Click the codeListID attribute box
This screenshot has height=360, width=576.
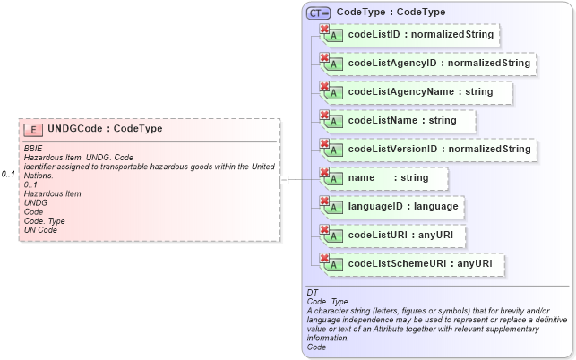[x=408, y=35]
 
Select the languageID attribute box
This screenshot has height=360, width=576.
[x=393, y=207]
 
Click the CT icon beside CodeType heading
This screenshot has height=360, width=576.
[x=318, y=13]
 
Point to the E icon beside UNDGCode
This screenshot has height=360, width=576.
[x=34, y=130]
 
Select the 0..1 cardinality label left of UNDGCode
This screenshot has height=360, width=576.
[x=8, y=174]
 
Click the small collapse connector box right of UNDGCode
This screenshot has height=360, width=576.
[x=284, y=179]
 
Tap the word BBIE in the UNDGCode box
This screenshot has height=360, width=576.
[x=33, y=149]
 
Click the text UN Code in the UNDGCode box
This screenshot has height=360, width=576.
[x=40, y=230]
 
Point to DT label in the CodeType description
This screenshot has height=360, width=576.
[x=313, y=293]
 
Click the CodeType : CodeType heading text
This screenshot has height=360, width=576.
[x=391, y=13]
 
